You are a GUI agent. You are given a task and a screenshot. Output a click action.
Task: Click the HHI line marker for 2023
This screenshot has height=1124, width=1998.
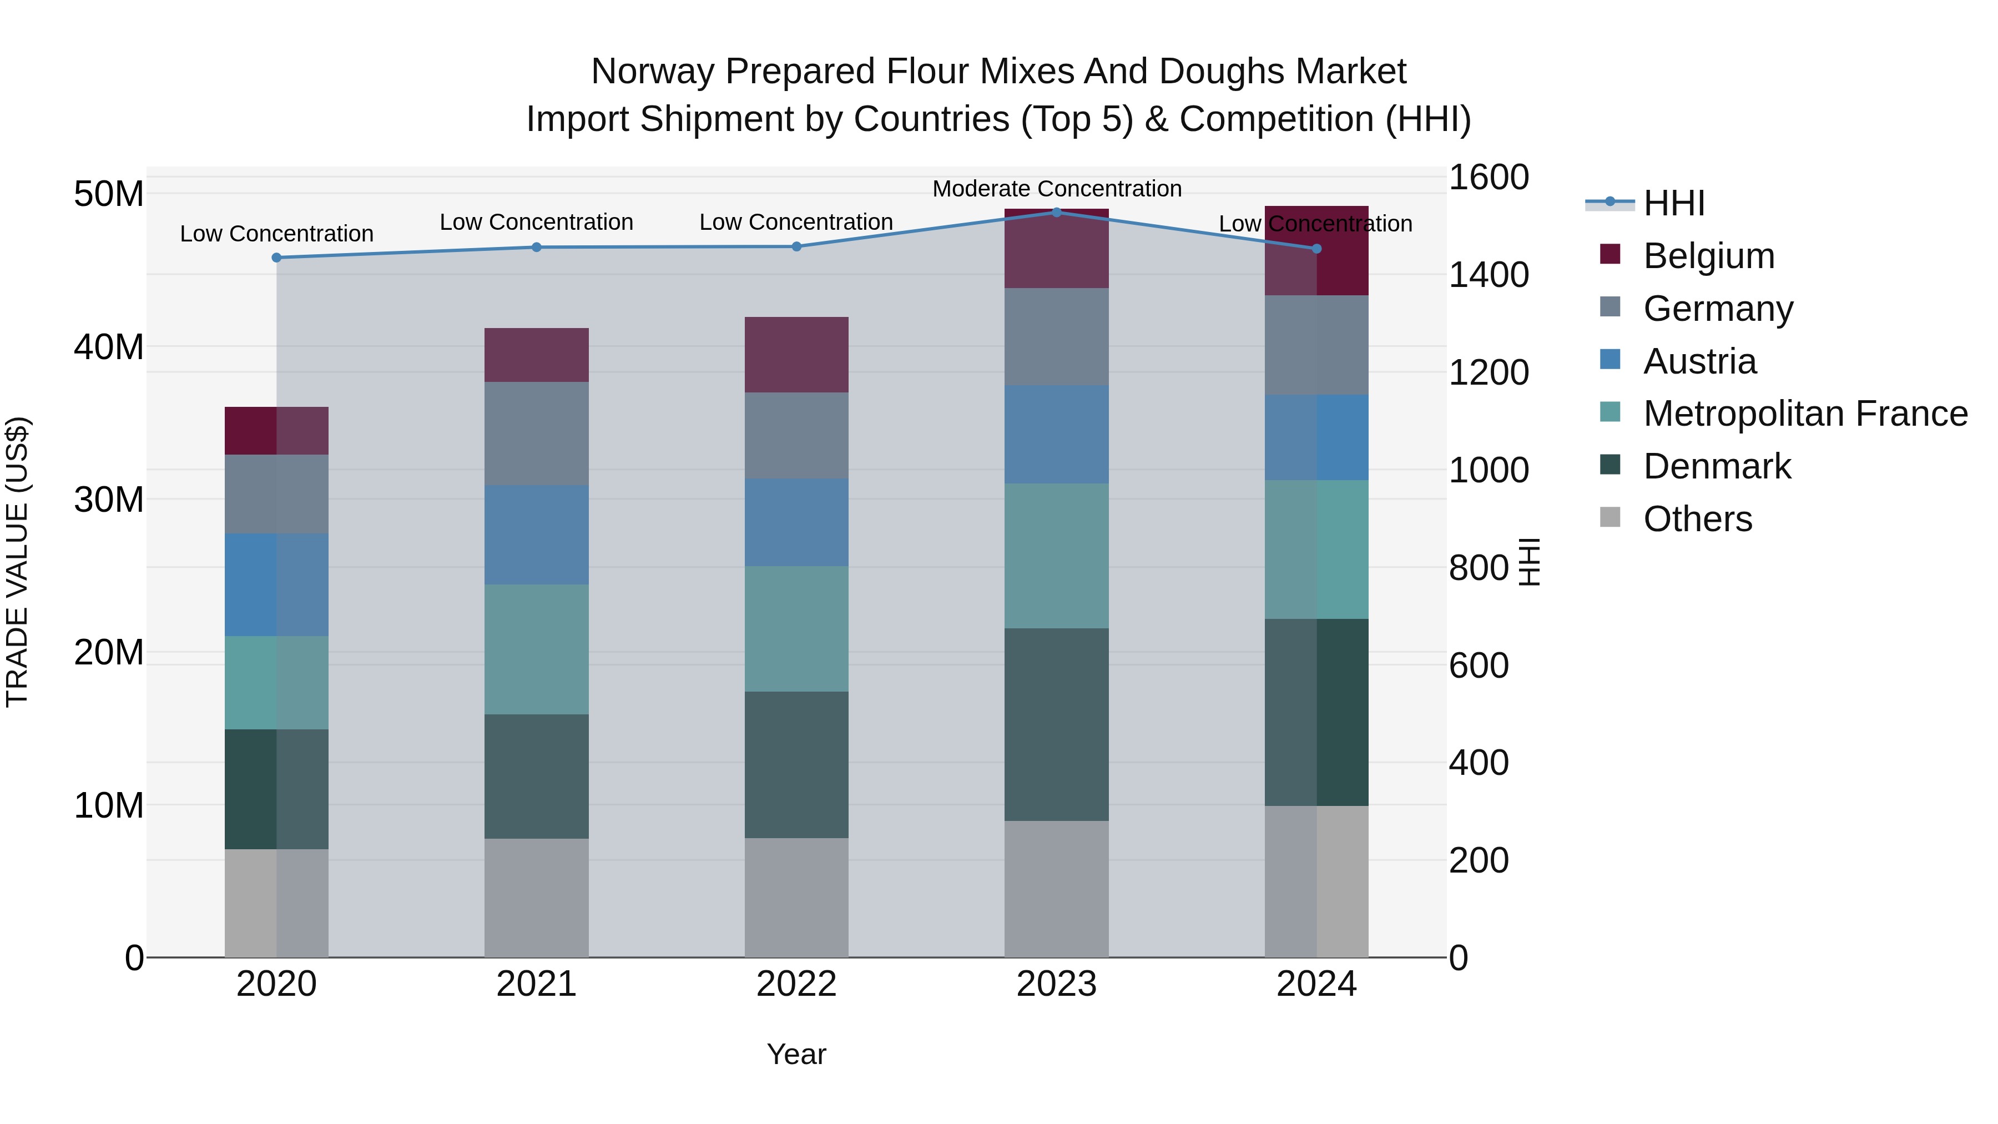click(1056, 212)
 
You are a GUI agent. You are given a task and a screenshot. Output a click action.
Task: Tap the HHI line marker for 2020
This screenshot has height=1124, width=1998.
click(277, 258)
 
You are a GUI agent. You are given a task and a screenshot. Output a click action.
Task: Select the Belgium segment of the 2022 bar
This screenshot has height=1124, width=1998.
click(796, 355)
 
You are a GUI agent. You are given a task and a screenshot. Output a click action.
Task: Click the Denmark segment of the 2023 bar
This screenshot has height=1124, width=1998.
click(1056, 724)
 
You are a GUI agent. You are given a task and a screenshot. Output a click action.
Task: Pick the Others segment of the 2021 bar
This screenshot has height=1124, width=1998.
click(537, 898)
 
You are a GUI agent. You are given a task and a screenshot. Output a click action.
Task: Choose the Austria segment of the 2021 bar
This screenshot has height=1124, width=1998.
click(537, 535)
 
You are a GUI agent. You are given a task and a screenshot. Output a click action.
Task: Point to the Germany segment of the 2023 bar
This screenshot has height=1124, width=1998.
click(1056, 337)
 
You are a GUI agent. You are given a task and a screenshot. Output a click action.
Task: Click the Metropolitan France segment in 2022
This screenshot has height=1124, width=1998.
click(796, 628)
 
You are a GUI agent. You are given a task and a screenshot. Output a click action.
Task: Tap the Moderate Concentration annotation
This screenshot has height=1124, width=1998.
click(1056, 189)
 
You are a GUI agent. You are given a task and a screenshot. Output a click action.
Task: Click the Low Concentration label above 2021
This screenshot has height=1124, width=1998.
click(537, 222)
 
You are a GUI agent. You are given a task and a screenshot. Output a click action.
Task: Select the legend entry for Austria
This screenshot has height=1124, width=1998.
click(1699, 361)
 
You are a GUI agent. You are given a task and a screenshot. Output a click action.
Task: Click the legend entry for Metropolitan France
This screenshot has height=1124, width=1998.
click(1804, 414)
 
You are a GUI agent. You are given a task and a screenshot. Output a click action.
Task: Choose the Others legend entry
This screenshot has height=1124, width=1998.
click(1697, 519)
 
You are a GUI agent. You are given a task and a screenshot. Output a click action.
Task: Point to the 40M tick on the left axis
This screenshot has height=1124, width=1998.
click(109, 347)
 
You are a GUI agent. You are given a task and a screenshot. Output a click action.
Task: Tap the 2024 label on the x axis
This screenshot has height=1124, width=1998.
click(1316, 984)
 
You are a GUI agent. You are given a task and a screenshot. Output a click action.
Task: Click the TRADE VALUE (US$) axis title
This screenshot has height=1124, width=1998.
click(17, 562)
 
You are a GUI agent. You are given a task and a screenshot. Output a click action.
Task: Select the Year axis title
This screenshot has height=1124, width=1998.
click(796, 1054)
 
